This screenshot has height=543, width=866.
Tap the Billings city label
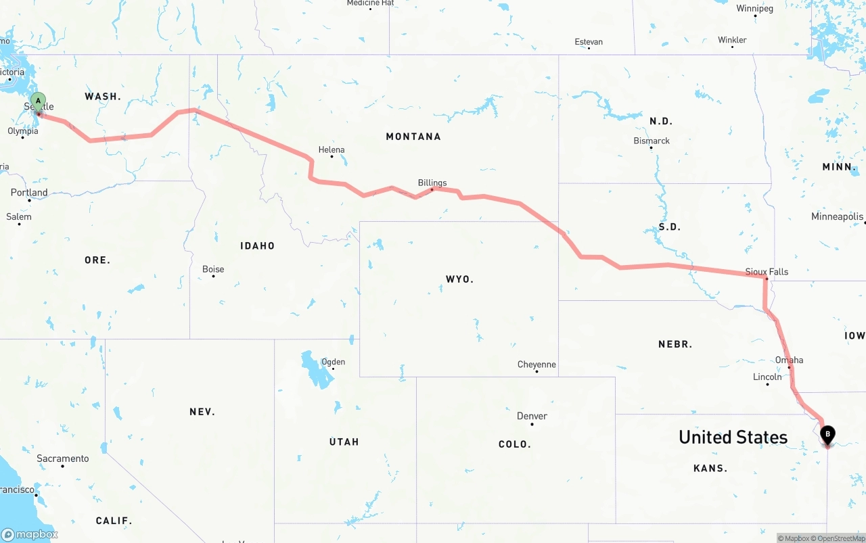pos(432,183)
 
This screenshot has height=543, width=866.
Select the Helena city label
pos(332,149)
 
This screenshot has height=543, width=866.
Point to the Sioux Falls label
pos(767,272)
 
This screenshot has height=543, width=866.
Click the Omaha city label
pos(789,360)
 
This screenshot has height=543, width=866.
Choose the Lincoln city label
pos(767,377)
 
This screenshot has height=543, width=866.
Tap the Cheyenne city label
pos(537,364)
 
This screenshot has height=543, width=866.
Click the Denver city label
pos(532,416)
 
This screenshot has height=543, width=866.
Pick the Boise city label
pos(213,269)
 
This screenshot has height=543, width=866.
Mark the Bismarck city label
pos(652,141)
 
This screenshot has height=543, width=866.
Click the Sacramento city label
pos(62,458)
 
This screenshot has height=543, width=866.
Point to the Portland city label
pos(29,193)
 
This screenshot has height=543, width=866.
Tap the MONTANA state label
pos(413,137)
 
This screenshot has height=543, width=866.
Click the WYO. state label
pos(459,279)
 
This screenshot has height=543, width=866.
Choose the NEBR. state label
pos(675,344)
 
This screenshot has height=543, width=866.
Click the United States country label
pos(733,438)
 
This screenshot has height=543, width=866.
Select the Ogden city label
pos(333,362)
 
